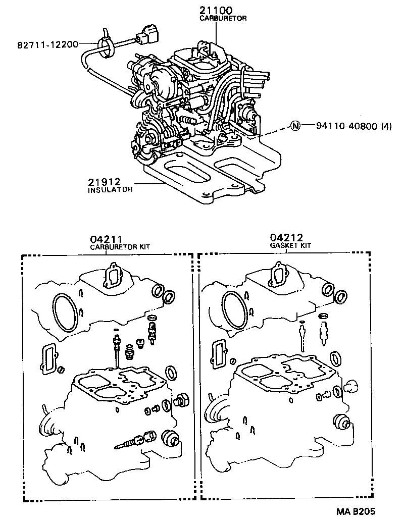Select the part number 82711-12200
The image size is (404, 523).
point(48,44)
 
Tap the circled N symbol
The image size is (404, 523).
point(295,126)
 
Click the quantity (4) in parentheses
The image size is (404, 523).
point(386,126)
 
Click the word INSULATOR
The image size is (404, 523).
point(110,190)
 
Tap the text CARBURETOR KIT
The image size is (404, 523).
point(120,247)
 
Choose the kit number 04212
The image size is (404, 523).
point(286,237)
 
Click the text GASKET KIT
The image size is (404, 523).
point(290,245)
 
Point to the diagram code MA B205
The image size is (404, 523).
point(370,511)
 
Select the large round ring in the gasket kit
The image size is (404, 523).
point(234,306)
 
